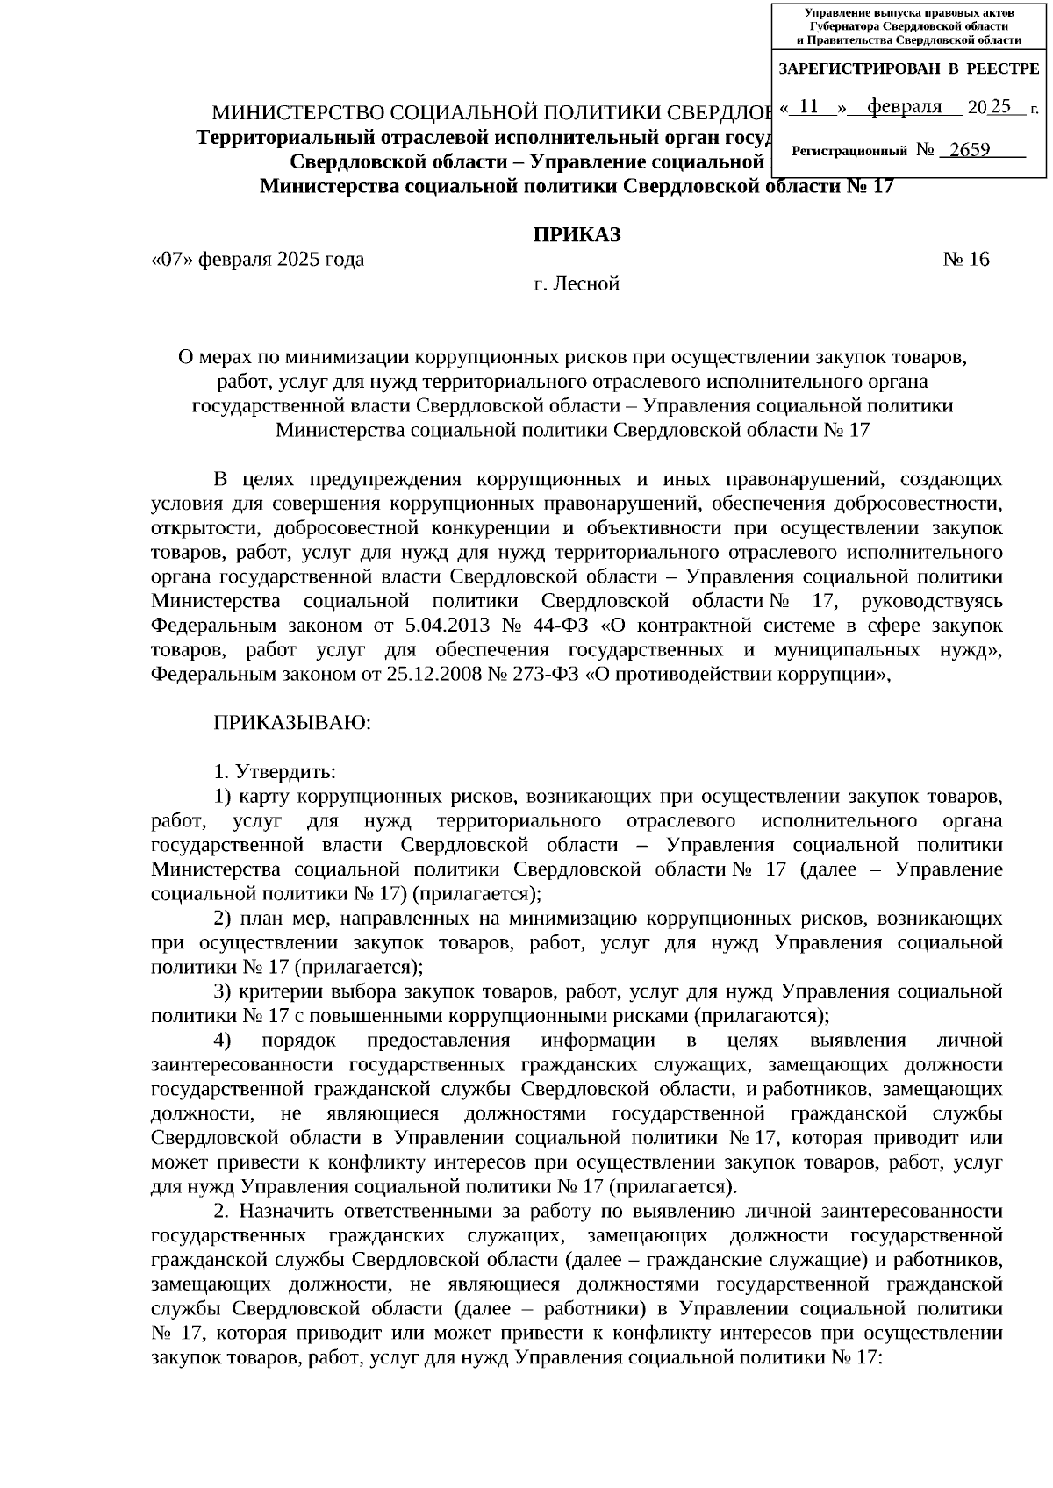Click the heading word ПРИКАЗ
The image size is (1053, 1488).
tap(577, 234)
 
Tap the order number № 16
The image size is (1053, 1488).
tap(965, 260)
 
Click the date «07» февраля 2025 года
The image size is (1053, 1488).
tap(257, 260)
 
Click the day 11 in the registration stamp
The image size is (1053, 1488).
tap(810, 107)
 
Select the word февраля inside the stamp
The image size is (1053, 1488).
tap(904, 107)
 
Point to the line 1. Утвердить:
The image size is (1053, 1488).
tap(275, 772)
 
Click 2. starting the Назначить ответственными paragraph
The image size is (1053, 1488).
tap(221, 1211)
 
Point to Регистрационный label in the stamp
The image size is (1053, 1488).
tap(849, 152)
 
